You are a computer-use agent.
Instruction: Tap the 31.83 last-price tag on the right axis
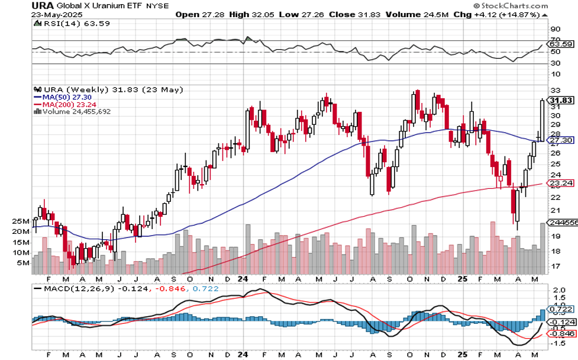click(x=562, y=100)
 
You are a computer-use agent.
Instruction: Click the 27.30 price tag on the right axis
click(x=562, y=140)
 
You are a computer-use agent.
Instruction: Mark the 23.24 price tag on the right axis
click(x=562, y=183)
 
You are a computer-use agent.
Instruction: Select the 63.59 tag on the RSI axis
click(x=562, y=44)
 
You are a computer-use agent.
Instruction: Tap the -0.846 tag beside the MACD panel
click(x=562, y=333)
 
